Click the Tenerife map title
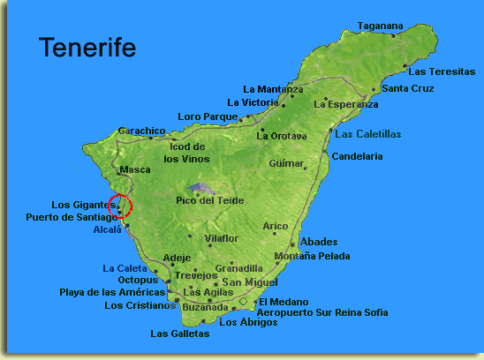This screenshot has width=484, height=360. [x=87, y=48]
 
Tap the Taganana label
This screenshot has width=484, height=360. [x=380, y=26]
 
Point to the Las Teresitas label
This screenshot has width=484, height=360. [x=442, y=71]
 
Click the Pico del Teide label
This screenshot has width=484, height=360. [x=209, y=200]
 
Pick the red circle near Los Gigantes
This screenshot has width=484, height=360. [x=121, y=207]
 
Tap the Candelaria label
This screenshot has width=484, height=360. [x=358, y=156]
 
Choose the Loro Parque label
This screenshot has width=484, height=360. [x=208, y=116]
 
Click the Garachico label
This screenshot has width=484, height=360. [x=141, y=130]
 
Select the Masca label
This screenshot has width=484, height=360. [x=134, y=169]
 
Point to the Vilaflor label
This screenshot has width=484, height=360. [x=221, y=238]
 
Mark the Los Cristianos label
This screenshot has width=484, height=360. [x=139, y=306]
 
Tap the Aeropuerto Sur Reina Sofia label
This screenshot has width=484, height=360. [x=321, y=312]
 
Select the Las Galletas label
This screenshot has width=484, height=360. [x=180, y=334]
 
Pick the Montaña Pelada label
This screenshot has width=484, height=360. [x=312, y=256]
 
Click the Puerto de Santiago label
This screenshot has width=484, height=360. [x=71, y=217]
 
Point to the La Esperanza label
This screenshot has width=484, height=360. [x=345, y=104]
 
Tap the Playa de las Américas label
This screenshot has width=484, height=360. [x=112, y=292]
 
